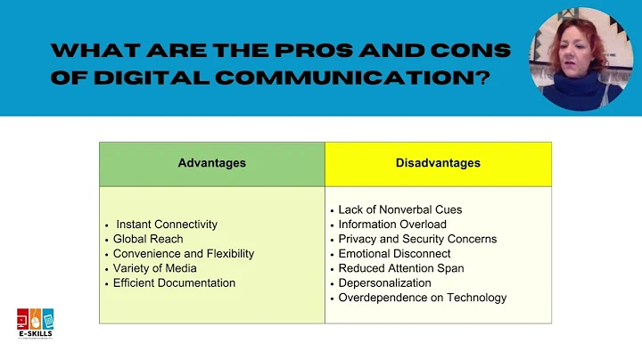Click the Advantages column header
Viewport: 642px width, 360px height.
(x=211, y=163)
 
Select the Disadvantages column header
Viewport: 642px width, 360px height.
(x=438, y=163)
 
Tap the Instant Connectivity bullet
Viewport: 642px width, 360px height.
(x=167, y=225)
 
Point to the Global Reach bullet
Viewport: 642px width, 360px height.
(x=148, y=239)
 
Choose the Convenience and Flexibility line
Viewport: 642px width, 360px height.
(x=184, y=253)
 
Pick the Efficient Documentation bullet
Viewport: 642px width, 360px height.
(x=174, y=282)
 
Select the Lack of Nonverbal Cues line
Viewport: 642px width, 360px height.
(x=399, y=209)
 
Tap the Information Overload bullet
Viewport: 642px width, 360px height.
(x=392, y=225)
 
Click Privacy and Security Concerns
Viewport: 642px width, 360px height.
(x=417, y=239)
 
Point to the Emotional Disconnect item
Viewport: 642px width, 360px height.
(x=394, y=253)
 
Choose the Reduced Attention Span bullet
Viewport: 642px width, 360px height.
(x=400, y=268)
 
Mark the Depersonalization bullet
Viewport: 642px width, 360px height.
(x=384, y=282)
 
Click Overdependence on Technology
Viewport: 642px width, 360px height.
(x=422, y=298)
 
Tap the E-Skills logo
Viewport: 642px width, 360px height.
(x=35, y=323)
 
